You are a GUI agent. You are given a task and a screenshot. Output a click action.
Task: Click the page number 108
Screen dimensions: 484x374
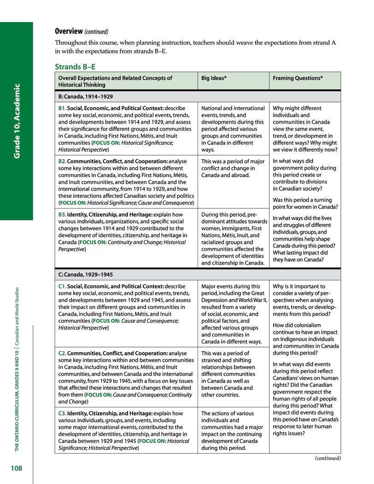pos(17,469)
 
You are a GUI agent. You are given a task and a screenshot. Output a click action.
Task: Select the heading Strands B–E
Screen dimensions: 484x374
pos(75,66)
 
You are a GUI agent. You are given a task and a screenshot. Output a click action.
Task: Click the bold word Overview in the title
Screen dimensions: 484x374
pos(69,31)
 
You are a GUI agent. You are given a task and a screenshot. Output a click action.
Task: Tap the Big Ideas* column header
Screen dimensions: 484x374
pos(214,78)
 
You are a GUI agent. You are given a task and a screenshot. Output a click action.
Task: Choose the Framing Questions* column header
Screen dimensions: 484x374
pos(298,78)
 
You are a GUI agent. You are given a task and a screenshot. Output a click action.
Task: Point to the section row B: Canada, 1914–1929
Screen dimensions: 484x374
pos(86,97)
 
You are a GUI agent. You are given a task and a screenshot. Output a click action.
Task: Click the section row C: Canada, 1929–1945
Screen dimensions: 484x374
pos(86,275)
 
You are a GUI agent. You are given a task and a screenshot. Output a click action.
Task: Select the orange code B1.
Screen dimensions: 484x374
pos(62,108)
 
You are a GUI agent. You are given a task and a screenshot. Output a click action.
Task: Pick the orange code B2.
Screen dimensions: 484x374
pos(62,161)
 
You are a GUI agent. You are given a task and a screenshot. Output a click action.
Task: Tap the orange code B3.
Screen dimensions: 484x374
pos(62,215)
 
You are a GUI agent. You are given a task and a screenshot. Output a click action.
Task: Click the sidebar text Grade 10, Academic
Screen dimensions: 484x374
pos(17,121)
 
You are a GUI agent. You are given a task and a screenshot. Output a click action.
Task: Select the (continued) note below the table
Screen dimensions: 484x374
pos(328,458)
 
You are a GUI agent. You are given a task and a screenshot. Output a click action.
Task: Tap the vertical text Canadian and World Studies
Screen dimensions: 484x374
pos(17,322)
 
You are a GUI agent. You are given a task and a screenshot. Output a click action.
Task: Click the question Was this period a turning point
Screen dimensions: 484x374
pos(305,203)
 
